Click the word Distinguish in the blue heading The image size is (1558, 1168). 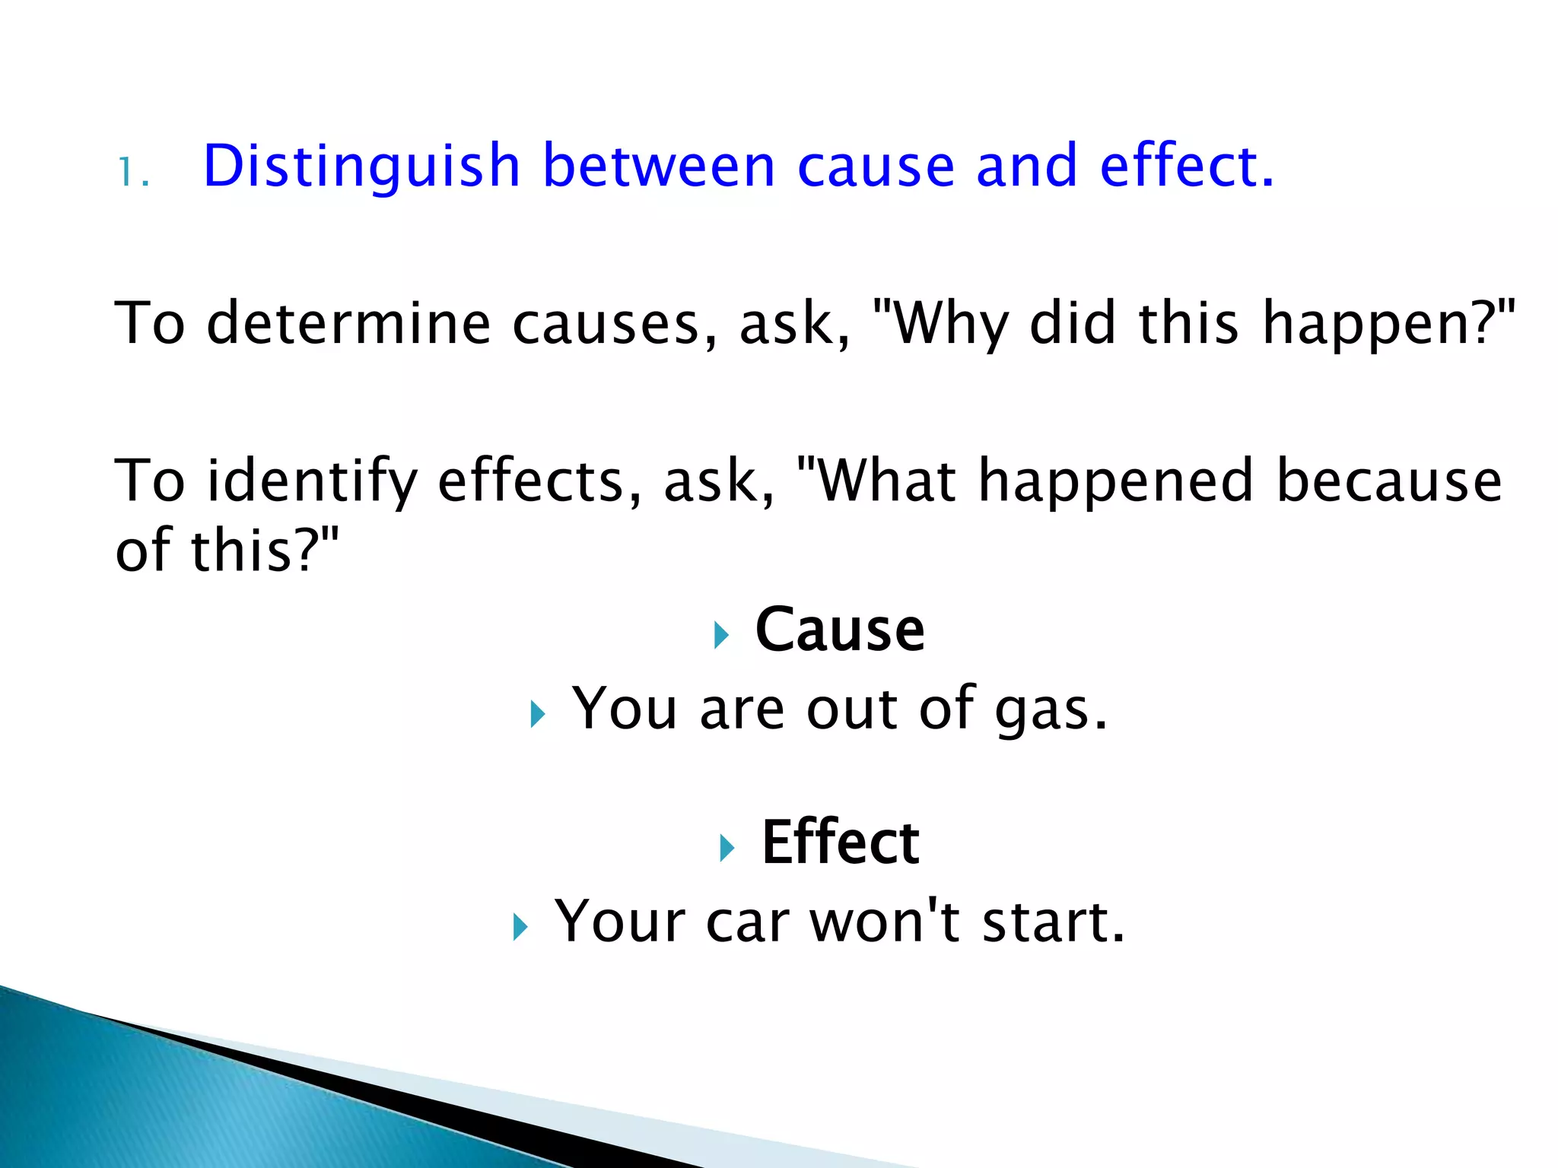pyautogui.click(x=362, y=167)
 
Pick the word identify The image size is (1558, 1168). pyautogui.click(x=312, y=482)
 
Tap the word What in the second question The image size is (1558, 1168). pyautogui.click(x=887, y=481)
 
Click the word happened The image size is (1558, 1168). pyautogui.click(x=1115, y=482)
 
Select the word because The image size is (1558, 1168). pyautogui.click(x=1389, y=481)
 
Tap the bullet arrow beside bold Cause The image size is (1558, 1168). pyautogui.click(x=721, y=635)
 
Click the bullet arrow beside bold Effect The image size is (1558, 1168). pyautogui.click(x=727, y=847)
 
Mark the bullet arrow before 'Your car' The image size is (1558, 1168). pyautogui.click(x=520, y=927)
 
